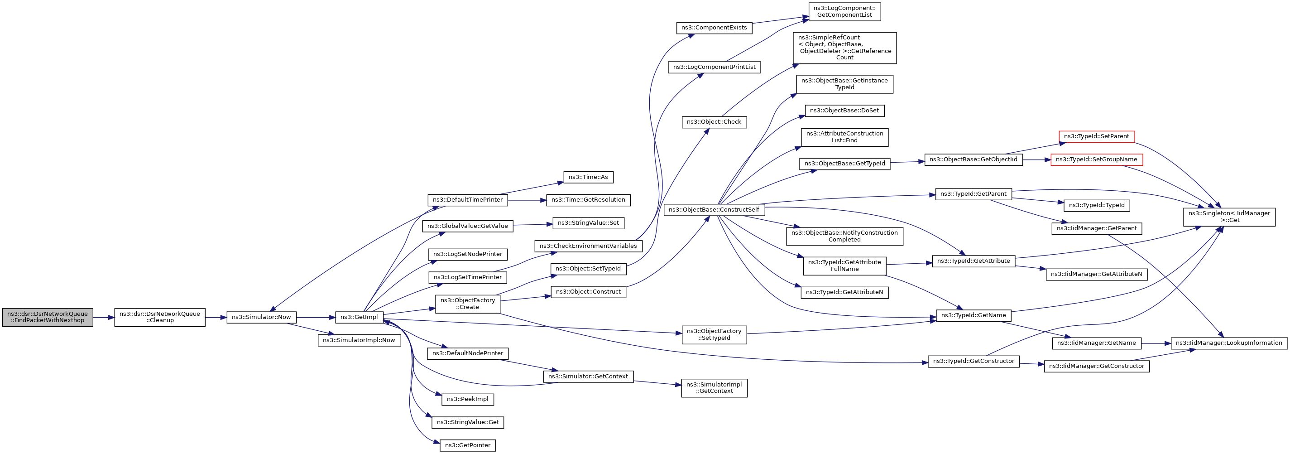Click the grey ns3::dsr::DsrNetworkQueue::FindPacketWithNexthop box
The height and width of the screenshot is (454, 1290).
point(48,317)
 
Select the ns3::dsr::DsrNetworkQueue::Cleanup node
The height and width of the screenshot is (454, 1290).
point(160,317)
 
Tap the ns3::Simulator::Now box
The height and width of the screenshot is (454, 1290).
point(261,317)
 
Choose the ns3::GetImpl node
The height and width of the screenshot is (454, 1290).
point(359,317)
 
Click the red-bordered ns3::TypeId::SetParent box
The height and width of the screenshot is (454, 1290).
point(1097,136)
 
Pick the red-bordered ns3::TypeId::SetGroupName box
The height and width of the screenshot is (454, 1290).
point(1097,159)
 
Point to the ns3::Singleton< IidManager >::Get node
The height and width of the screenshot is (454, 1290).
point(1229,217)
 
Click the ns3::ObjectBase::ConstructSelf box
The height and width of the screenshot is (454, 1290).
point(714,209)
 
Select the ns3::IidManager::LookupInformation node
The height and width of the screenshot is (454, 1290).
point(1229,343)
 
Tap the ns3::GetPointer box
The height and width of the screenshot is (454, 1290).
point(468,445)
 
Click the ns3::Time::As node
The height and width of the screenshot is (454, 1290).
point(589,177)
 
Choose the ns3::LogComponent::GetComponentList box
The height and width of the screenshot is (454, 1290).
point(845,11)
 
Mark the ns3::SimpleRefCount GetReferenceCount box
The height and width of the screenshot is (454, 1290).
point(845,48)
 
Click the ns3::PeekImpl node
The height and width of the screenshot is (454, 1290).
point(468,399)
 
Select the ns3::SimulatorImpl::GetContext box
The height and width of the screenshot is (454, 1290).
point(714,388)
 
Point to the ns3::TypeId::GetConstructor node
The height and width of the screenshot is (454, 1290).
point(973,361)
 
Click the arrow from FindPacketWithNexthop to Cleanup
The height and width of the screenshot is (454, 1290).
point(104,317)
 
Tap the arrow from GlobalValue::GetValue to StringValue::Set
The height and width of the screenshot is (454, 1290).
point(533,224)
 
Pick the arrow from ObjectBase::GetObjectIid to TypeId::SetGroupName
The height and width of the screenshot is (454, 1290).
point(1037,159)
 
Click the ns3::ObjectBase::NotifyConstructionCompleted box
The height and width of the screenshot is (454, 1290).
point(845,236)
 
